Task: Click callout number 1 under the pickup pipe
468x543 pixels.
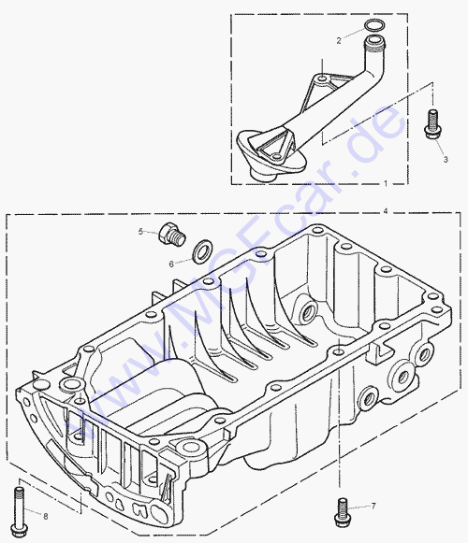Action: pos(386,183)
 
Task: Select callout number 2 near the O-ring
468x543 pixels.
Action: pos(339,40)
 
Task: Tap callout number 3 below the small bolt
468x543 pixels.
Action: pos(446,159)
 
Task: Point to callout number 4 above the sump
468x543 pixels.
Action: pos(386,210)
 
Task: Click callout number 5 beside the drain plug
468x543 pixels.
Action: pos(140,232)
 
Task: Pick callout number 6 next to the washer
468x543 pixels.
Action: pos(171,264)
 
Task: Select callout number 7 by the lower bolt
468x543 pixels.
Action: pos(373,506)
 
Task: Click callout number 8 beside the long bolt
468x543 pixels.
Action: pos(46,516)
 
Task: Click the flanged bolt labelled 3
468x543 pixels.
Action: pos(432,124)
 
